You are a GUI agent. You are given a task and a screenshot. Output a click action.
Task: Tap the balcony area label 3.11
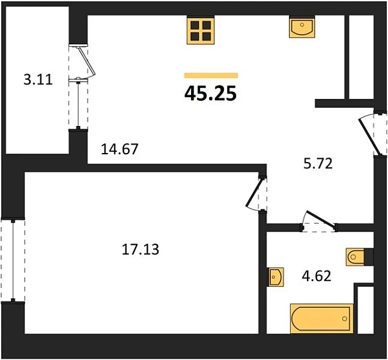pyautogui.click(x=36, y=80)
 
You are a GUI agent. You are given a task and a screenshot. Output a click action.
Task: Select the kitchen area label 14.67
pyautogui.click(x=120, y=149)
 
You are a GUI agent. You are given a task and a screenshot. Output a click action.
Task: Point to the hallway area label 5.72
pyautogui.click(x=317, y=164)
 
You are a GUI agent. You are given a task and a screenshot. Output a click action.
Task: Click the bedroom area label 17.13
pyautogui.click(x=140, y=249)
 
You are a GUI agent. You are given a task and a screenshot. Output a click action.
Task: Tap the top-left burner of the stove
pyautogui.click(x=194, y=25)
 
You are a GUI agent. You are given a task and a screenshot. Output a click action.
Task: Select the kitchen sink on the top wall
pyautogui.click(x=301, y=28)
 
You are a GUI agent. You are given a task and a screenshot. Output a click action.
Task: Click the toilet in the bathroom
pyautogui.click(x=358, y=256)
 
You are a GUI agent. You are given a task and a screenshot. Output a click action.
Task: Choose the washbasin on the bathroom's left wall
pyautogui.click(x=275, y=277)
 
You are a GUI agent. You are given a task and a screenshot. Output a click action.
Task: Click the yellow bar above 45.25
pyautogui.click(x=210, y=76)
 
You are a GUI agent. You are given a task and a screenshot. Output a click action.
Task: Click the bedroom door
pyautogui.click(x=257, y=193)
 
